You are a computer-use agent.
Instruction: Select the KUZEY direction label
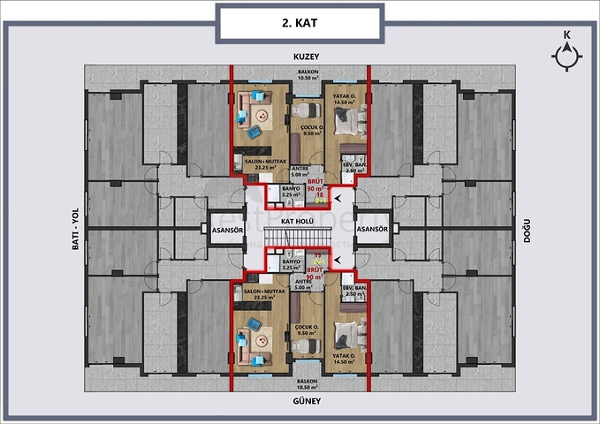(x=306, y=57)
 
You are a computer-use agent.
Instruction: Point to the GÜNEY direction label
(x=306, y=402)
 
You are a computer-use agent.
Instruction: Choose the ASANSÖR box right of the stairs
(x=370, y=229)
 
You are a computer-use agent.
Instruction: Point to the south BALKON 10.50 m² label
(x=306, y=384)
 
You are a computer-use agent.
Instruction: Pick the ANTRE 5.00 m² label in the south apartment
(x=303, y=284)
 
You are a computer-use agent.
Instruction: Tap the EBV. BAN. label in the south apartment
(x=354, y=290)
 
